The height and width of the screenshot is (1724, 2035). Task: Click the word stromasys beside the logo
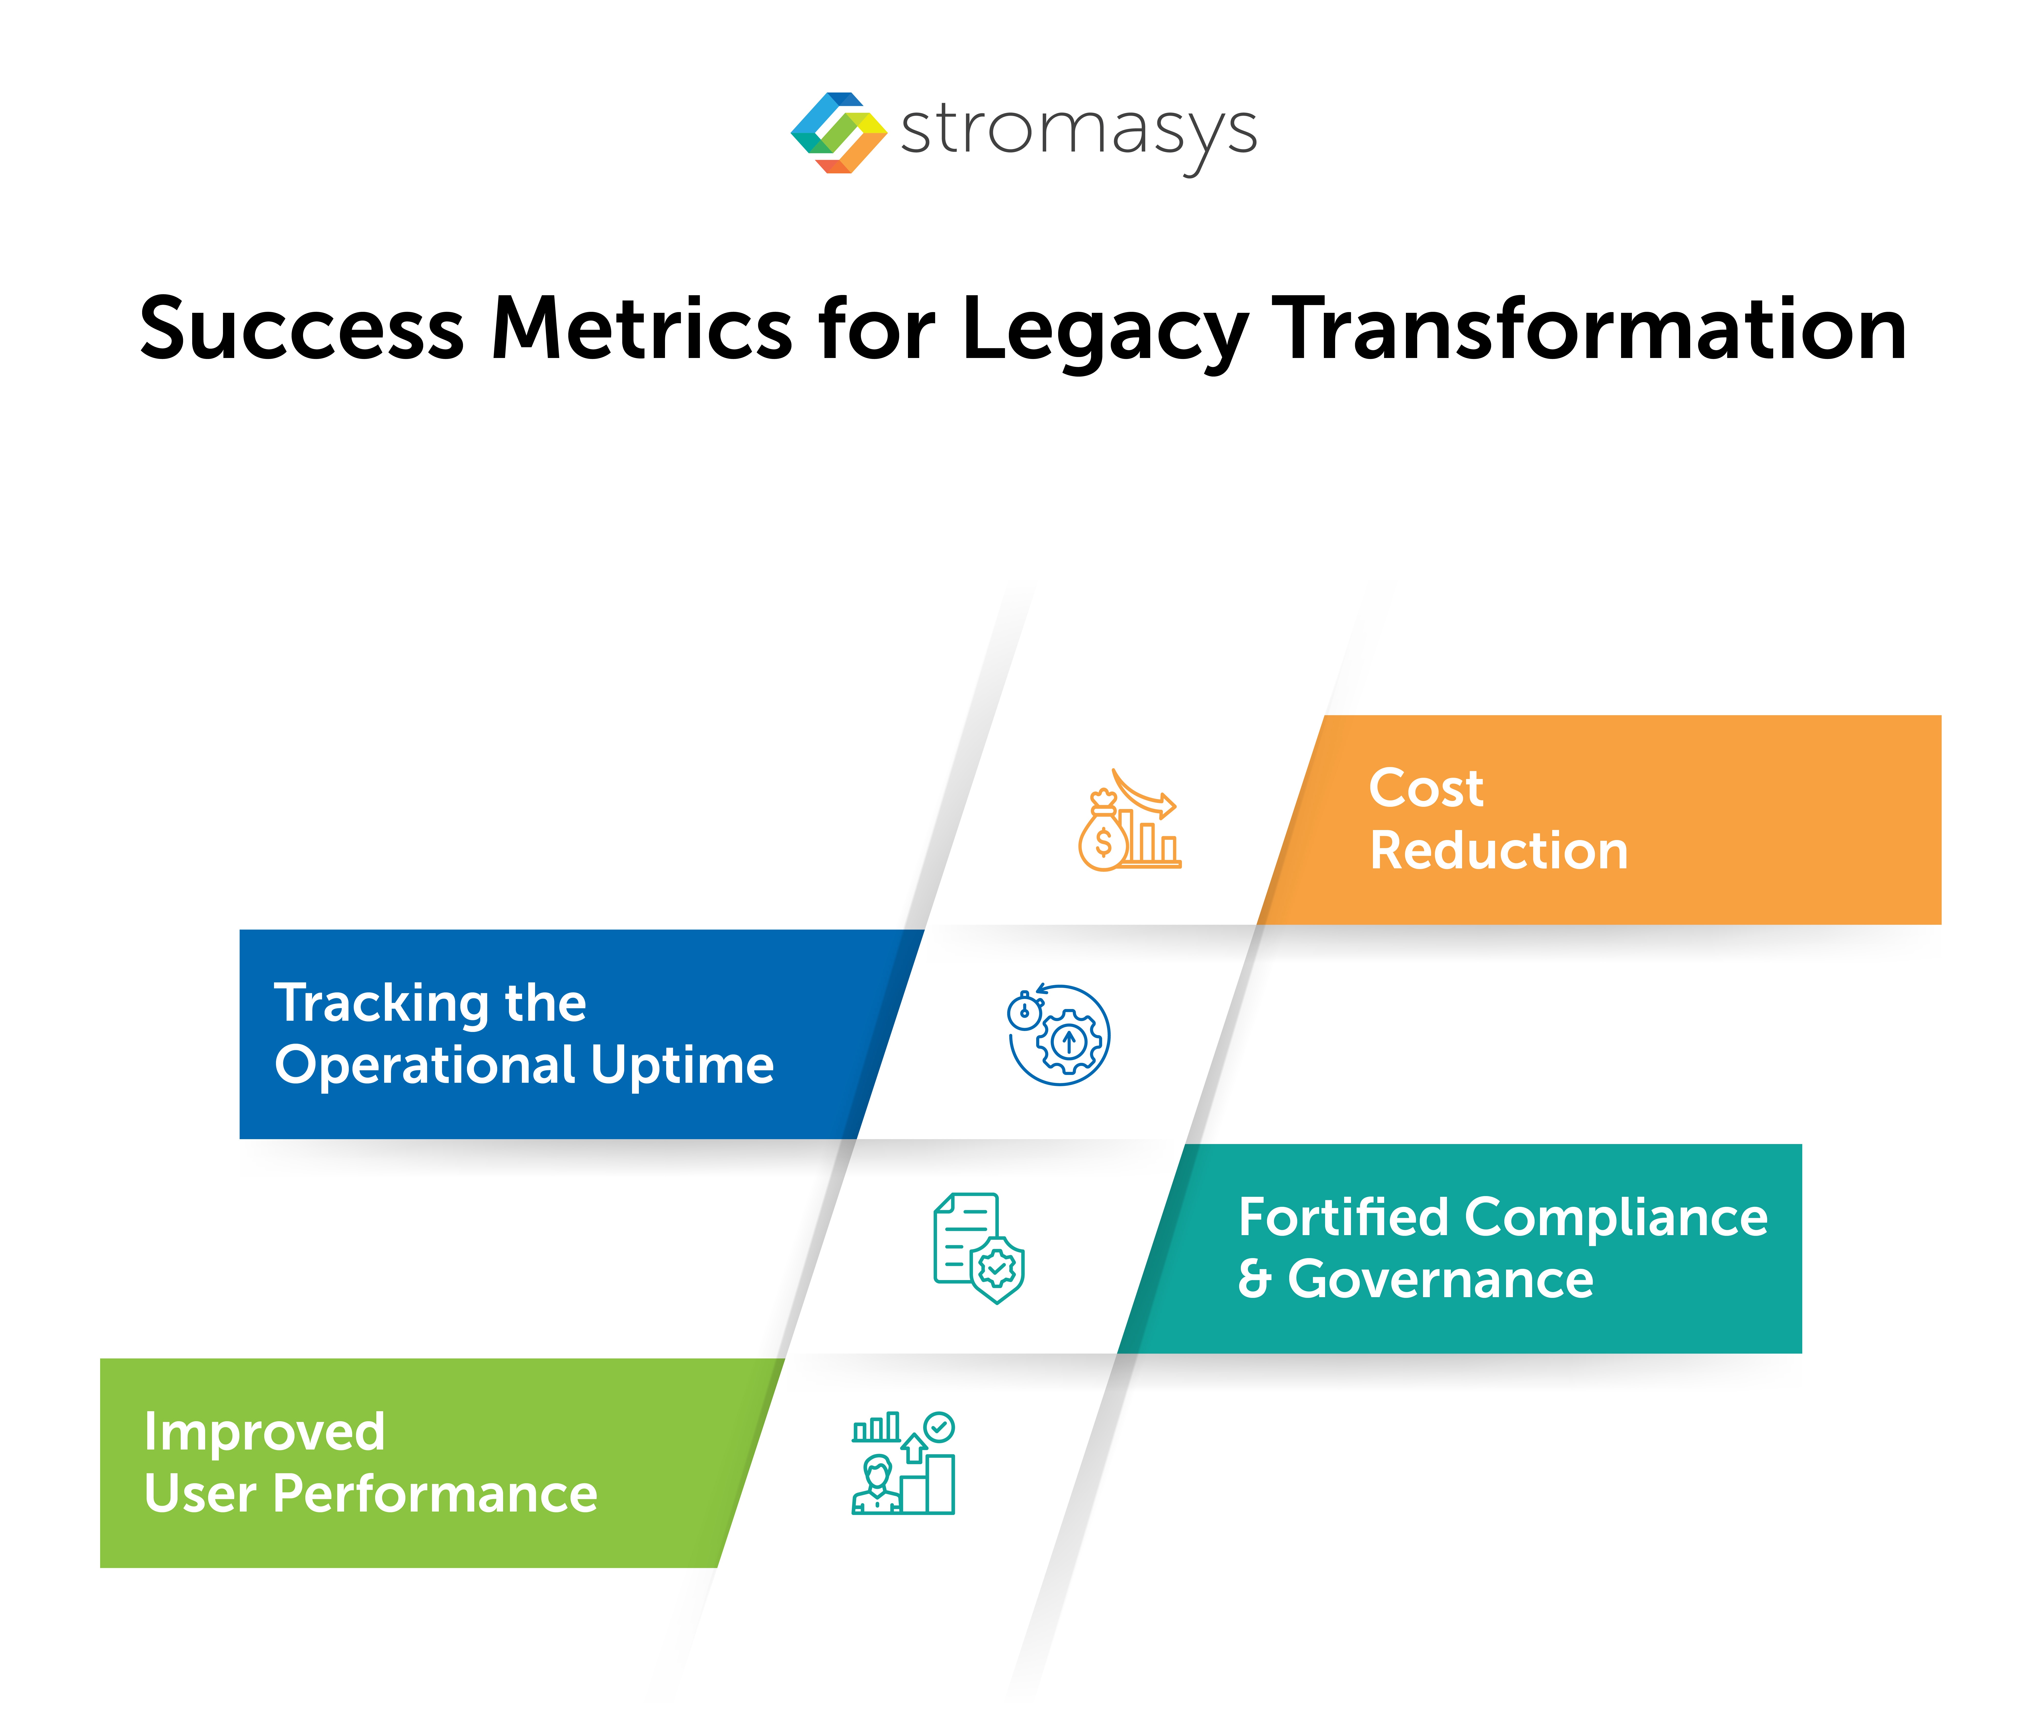click(1078, 132)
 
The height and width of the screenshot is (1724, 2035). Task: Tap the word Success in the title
click(301, 328)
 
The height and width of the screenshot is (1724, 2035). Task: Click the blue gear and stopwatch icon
click(1059, 1034)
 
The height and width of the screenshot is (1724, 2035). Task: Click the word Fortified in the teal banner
click(1343, 1218)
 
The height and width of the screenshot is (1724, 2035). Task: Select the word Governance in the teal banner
click(1440, 1279)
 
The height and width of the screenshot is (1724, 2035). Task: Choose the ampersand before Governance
click(1254, 1279)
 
